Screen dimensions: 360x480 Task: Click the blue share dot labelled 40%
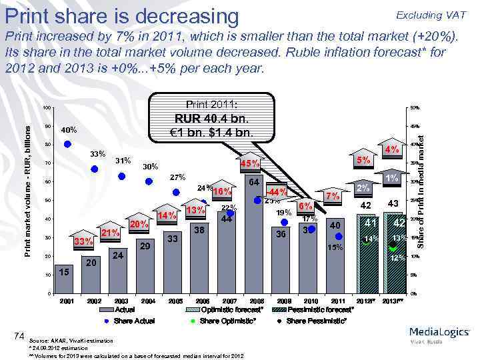point(67,143)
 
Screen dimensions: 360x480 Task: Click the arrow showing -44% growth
point(277,193)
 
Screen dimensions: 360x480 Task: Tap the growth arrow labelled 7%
point(332,196)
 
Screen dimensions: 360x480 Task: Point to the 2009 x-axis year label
point(283,301)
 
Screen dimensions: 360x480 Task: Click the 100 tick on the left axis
point(46,108)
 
